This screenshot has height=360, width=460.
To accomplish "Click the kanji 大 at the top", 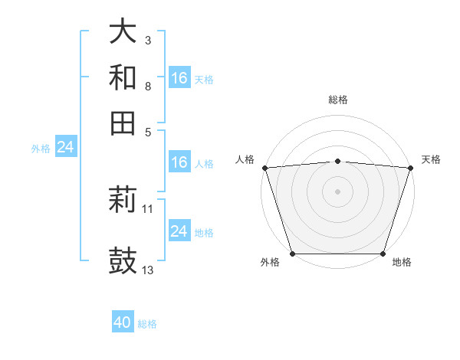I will click(123, 32).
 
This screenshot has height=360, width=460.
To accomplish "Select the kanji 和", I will click(123, 77).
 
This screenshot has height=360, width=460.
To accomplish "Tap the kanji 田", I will click(123, 123).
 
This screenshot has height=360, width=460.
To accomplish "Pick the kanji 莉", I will click(123, 201).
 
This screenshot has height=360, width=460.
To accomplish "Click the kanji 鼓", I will click(123, 260).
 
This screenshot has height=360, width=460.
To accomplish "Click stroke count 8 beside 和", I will click(148, 87).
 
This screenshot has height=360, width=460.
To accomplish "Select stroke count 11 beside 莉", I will click(148, 208).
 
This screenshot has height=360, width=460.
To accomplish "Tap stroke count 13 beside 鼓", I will click(148, 270).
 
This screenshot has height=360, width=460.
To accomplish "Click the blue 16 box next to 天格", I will click(179, 77).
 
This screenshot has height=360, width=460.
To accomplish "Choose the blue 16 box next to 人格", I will click(179, 162).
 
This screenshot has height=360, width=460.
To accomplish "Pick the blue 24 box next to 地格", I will click(179, 231).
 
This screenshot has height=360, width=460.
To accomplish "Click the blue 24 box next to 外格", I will click(65, 148).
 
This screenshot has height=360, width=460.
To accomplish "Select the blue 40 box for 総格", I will click(123, 322).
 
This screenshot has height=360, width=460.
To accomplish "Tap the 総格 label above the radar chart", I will click(338, 100).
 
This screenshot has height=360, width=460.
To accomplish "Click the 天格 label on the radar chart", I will click(431, 159).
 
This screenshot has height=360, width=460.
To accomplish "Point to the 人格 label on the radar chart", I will click(245, 159).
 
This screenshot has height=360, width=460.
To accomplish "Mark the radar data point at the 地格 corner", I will click(383, 254).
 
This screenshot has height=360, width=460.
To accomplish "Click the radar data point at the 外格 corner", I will click(292, 254).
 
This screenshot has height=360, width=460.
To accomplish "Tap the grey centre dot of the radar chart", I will click(338, 191).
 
